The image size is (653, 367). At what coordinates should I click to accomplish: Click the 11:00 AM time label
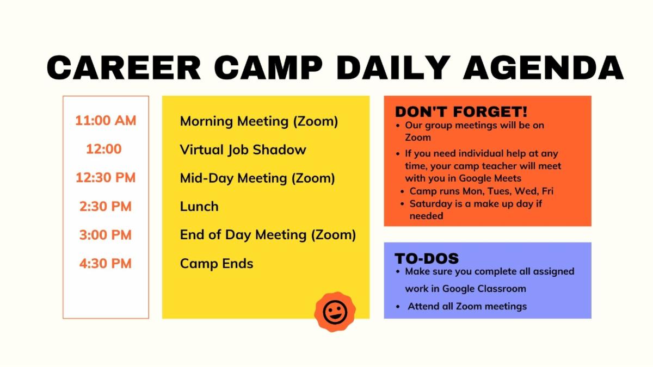point(106,120)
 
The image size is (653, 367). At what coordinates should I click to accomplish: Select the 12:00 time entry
point(103,149)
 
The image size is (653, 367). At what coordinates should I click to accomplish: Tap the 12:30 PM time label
point(106,178)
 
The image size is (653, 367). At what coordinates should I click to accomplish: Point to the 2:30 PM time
point(106,207)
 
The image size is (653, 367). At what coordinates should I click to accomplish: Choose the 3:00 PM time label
point(106,235)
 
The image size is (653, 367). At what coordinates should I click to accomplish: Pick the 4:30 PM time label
point(106,264)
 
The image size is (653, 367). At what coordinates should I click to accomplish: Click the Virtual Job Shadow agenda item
point(243,150)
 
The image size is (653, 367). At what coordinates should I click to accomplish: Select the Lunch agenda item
point(199,207)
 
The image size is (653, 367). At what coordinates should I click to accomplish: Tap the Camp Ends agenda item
point(217,264)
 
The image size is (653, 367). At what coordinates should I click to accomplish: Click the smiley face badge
point(335,312)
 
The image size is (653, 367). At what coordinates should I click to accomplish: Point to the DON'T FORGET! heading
point(461,112)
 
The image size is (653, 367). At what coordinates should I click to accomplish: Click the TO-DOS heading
point(427,258)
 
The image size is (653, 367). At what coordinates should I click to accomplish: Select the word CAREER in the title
point(124,67)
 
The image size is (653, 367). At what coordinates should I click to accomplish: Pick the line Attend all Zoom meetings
point(467,306)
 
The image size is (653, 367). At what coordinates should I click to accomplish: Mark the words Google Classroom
point(484,289)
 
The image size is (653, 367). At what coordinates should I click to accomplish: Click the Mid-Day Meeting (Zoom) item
point(257,178)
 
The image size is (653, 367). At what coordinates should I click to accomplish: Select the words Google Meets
point(493,178)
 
